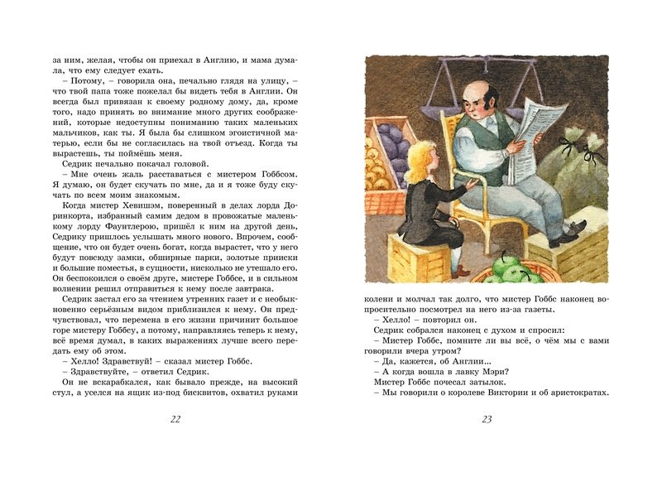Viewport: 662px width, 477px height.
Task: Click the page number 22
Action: [x=175, y=419]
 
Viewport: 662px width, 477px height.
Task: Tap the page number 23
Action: [x=487, y=419]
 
